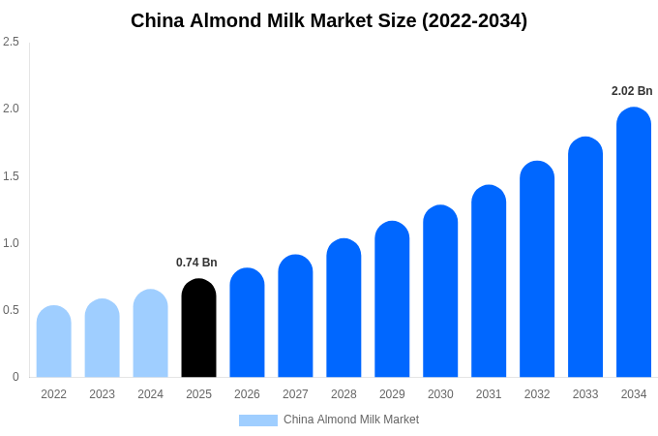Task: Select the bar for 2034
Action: coord(634,242)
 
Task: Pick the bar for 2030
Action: coord(440,291)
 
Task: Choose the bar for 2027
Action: coord(295,316)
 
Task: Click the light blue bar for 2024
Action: coord(150,333)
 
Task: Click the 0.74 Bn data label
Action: coord(196,263)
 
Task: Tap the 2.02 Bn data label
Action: coord(632,91)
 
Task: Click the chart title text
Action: coord(329,20)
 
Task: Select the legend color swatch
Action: coord(258,420)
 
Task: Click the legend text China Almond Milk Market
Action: coord(351,420)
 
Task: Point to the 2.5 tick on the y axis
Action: coord(11,42)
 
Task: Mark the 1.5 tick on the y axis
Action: coord(11,176)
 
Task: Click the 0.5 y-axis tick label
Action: coord(11,310)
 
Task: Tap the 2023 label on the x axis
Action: coord(102,394)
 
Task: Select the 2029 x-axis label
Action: coord(392,394)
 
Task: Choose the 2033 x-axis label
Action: coord(585,394)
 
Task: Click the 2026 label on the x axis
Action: coord(247,394)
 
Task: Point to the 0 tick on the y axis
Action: coord(15,377)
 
